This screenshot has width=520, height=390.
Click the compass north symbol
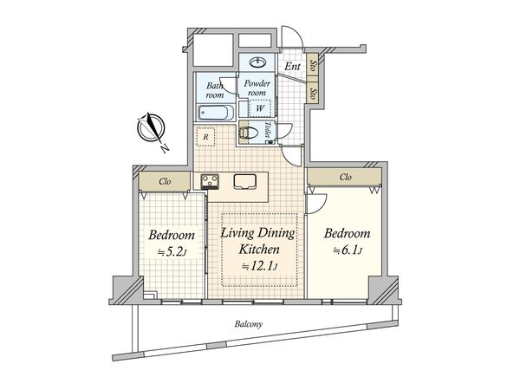[x=152, y=128]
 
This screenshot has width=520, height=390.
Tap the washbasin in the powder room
[x=257, y=62]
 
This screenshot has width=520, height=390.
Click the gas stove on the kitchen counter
[x=210, y=181]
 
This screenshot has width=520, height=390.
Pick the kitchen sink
[x=245, y=182]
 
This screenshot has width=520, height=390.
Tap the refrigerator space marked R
[x=205, y=136]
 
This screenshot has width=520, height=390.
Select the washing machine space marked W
[x=260, y=107]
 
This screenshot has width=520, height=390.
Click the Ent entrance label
[x=292, y=67]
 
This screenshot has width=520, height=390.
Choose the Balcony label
[x=249, y=324]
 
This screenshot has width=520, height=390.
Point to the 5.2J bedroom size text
[x=172, y=252]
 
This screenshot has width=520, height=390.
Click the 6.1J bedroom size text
[x=347, y=250]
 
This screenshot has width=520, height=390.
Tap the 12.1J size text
[x=259, y=266]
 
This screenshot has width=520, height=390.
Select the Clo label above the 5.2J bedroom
[x=165, y=181]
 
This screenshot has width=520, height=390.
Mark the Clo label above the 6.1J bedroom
[x=346, y=177]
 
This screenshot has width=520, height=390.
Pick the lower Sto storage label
[x=312, y=94]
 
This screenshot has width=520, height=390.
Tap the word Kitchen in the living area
[x=259, y=250]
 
